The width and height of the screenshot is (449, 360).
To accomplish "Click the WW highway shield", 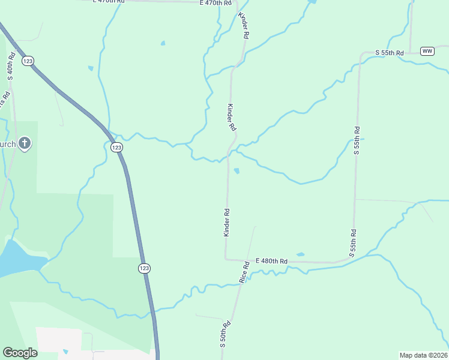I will [x=427, y=51].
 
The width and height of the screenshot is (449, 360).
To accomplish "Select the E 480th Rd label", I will [x=271, y=261].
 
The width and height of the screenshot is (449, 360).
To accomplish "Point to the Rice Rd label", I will [x=244, y=272].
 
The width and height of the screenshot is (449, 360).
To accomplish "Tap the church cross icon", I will [x=24, y=143].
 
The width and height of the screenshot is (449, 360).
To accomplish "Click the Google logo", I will [x=20, y=353].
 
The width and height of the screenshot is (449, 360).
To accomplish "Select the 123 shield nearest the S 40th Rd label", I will [x=28, y=61].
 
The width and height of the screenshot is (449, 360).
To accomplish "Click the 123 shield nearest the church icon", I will [x=117, y=147].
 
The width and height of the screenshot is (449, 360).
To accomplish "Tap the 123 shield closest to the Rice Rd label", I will [x=143, y=268].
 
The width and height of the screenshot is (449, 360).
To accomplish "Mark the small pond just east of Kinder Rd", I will [x=237, y=171].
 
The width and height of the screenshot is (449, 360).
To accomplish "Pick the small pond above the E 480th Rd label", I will [x=300, y=254].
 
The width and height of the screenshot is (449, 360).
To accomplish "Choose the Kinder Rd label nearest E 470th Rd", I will [x=243, y=25].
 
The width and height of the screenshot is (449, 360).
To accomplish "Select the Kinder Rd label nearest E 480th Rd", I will [x=227, y=222].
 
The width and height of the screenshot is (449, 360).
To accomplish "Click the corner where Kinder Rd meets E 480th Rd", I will [x=226, y=259].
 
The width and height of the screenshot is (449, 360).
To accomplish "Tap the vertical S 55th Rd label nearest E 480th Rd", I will [x=354, y=243].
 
